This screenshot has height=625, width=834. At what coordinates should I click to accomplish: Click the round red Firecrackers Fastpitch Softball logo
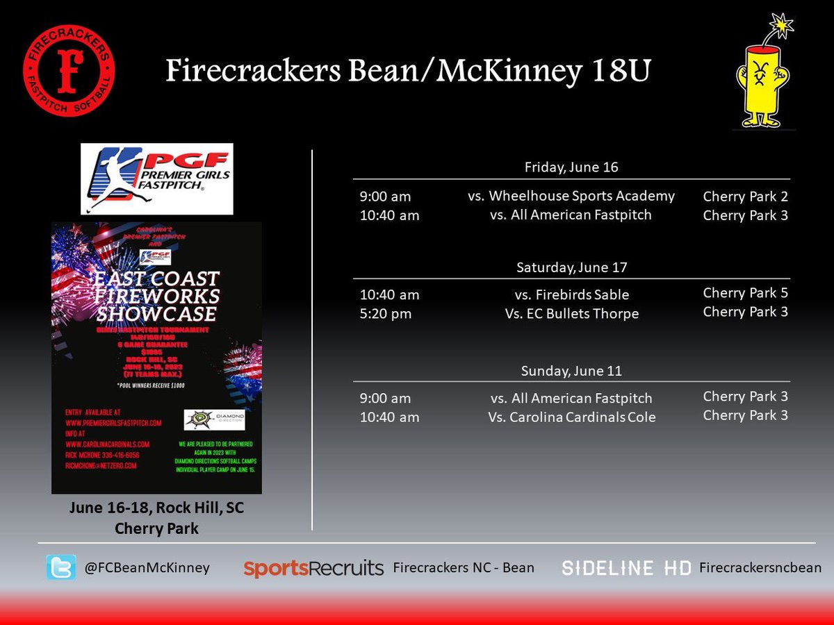[x=68, y=71]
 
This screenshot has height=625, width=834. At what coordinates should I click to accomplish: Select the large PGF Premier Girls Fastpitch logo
[x=156, y=178]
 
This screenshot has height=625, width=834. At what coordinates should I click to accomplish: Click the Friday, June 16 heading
[x=571, y=167]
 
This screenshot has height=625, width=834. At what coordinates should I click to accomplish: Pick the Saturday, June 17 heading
[x=571, y=267]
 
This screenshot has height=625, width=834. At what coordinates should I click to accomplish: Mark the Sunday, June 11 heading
[x=571, y=371]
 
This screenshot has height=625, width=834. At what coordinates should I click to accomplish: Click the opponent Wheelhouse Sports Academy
[x=571, y=196]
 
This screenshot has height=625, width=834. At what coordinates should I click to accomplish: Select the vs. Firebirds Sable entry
[x=571, y=295]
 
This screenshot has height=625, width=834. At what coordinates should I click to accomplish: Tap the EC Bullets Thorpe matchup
[x=571, y=314]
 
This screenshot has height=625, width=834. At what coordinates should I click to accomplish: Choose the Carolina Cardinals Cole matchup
[x=571, y=417]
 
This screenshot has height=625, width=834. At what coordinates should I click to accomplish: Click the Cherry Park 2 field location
[x=745, y=197]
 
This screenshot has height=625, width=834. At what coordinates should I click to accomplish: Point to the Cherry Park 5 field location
[x=745, y=293]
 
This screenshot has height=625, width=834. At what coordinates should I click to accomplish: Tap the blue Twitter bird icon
[x=61, y=567]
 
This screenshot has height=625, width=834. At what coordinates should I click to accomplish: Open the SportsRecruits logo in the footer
[x=313, y=568]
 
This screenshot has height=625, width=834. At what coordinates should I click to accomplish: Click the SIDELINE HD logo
[x=626, y=568]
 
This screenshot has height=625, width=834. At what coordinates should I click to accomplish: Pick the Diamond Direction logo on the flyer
[x=214, y=419]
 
